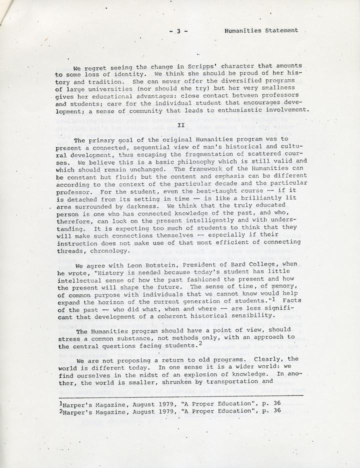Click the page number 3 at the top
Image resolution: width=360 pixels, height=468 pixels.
(177, 30)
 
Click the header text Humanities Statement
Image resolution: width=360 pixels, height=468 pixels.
(261, 30)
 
